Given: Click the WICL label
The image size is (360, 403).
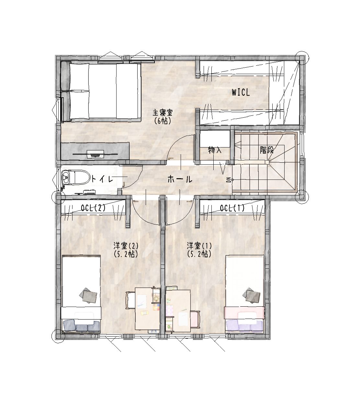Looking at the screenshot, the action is click(x=241, y=93).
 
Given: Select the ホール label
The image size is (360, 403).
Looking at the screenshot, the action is click(x=180, y=180).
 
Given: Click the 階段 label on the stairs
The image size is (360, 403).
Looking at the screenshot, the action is click(x=267, y=150).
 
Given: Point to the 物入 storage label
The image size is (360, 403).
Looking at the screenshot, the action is click(x=215, y=150).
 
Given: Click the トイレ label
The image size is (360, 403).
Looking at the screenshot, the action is click(x=103, y=180).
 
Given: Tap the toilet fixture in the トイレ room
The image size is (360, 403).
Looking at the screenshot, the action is click(x=76, y=177).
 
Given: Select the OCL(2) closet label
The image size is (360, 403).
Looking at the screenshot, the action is click(x=93, y=208).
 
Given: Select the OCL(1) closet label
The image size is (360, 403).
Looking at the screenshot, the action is click(x=232, y=208).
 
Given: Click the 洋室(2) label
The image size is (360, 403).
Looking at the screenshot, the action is click(x=126, y=246).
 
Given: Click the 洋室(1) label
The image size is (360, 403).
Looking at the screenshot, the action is click(x=199, y=246).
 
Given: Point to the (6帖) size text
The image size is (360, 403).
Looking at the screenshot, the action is click(x=163, y=121).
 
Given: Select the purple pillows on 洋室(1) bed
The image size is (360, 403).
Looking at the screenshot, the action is click(x=244, y=326).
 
